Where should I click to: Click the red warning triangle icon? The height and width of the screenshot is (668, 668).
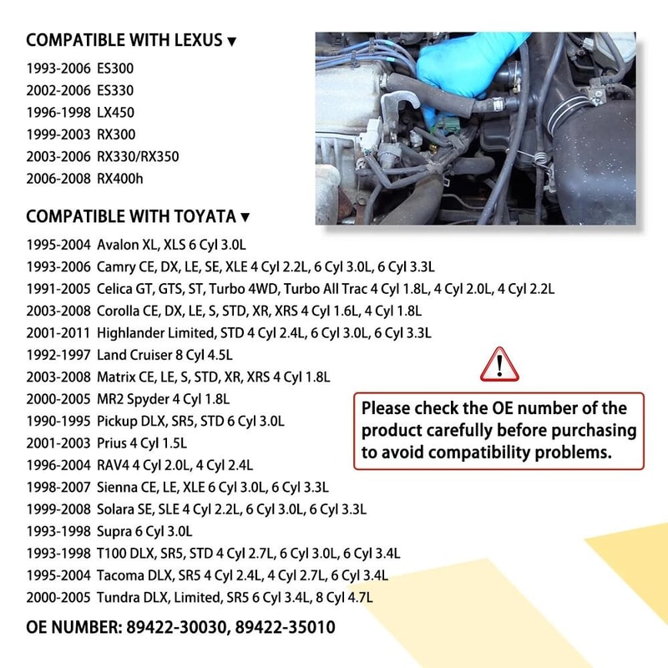coord(500,364)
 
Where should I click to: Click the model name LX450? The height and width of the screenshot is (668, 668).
coord(116,112)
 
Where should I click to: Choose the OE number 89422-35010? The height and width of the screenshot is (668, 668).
coord(286,626)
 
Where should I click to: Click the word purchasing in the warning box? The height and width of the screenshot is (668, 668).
coord(595,431)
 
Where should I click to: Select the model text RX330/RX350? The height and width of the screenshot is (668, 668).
coord(138,156)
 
